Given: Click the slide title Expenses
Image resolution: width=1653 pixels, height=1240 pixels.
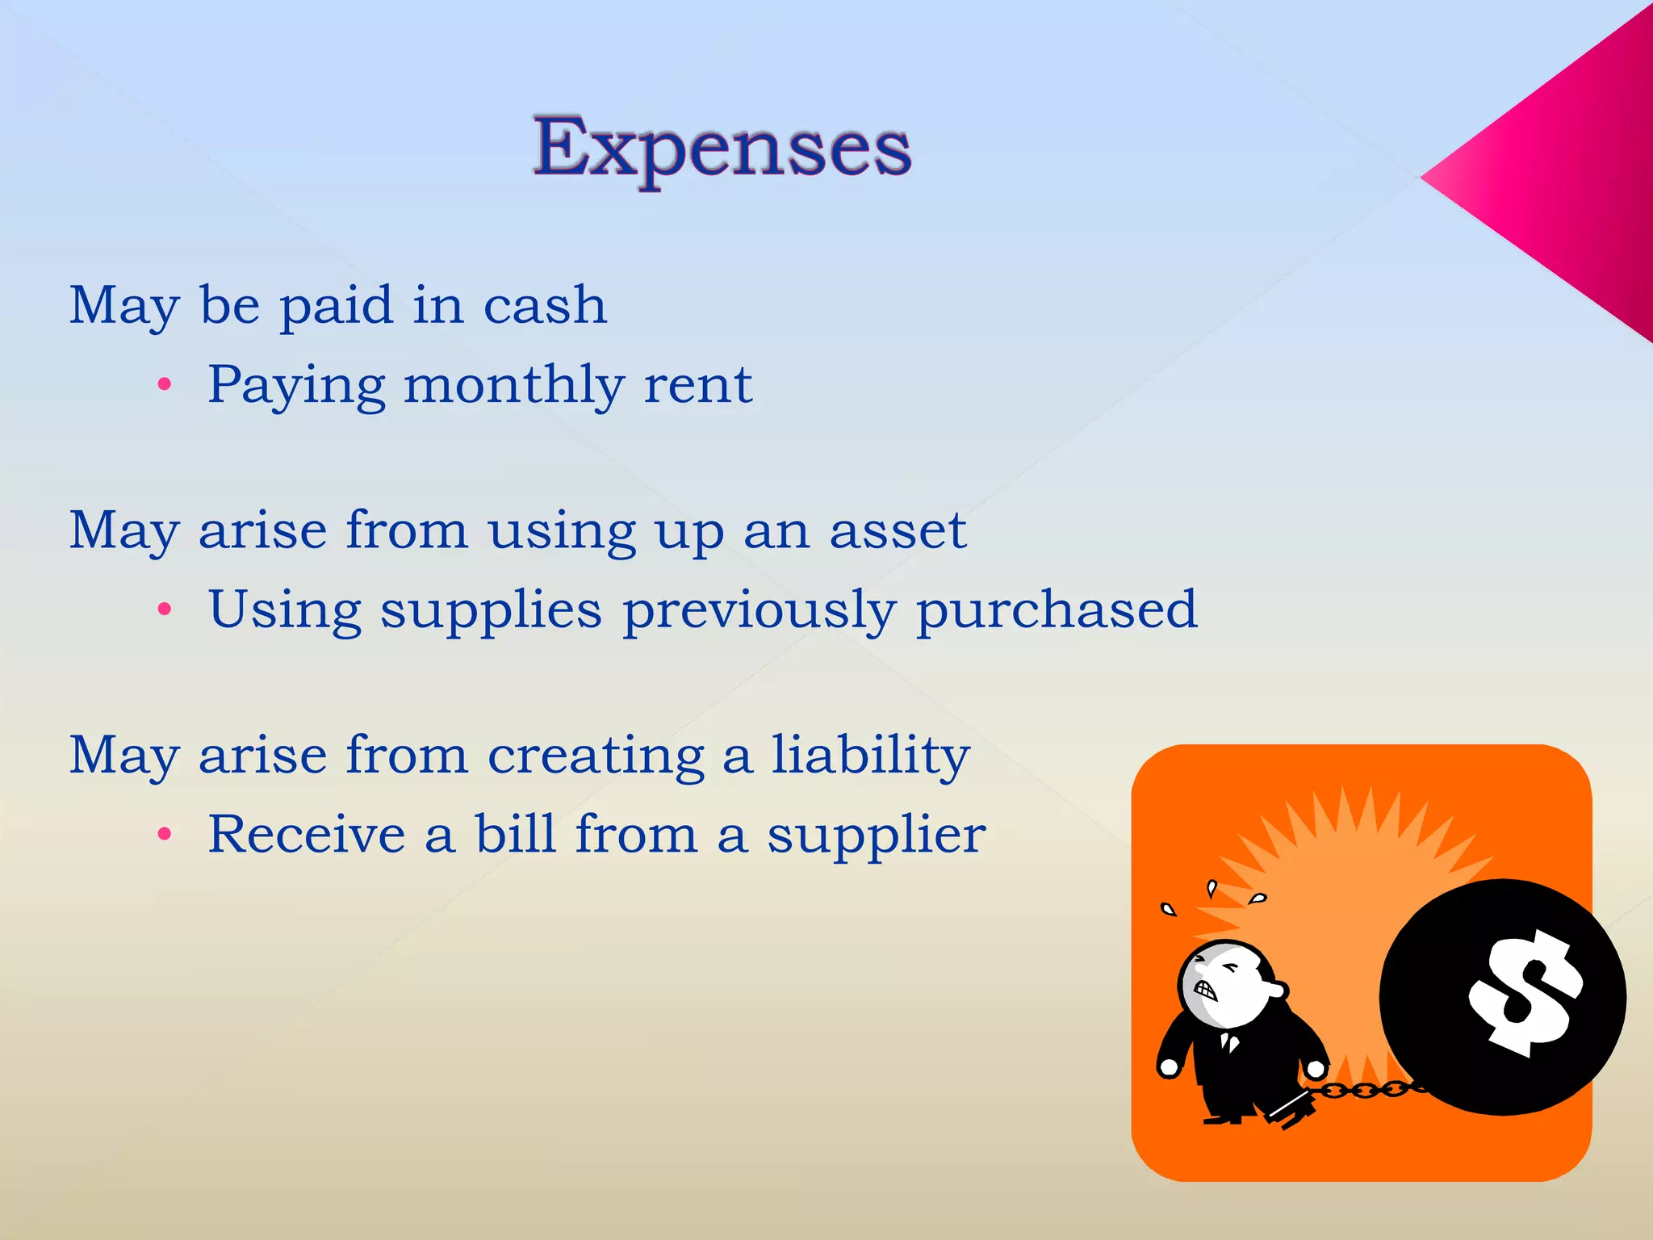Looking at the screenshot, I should point(722,148).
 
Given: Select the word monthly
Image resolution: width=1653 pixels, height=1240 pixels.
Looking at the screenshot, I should point(514,386).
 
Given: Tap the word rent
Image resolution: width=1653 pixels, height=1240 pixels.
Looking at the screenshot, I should point(698,386).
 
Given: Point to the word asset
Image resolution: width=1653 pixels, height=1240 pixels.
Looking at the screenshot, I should point(898,531).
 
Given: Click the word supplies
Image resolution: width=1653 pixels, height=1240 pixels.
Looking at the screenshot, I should point(491,611).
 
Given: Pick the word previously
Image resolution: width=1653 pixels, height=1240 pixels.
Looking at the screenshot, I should point(759,611).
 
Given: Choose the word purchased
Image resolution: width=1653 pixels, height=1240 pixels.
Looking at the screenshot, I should point(1057,610).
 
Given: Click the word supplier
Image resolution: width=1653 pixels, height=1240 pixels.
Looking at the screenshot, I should point(876,836).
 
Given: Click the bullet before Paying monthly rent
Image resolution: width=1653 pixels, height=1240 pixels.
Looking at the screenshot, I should point(165,385).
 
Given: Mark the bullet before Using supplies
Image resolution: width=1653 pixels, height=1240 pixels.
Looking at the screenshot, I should point(165,610).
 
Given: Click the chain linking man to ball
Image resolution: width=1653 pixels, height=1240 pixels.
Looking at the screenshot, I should point(1364,1091).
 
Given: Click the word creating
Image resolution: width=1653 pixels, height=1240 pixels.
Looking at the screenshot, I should point(596,756).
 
